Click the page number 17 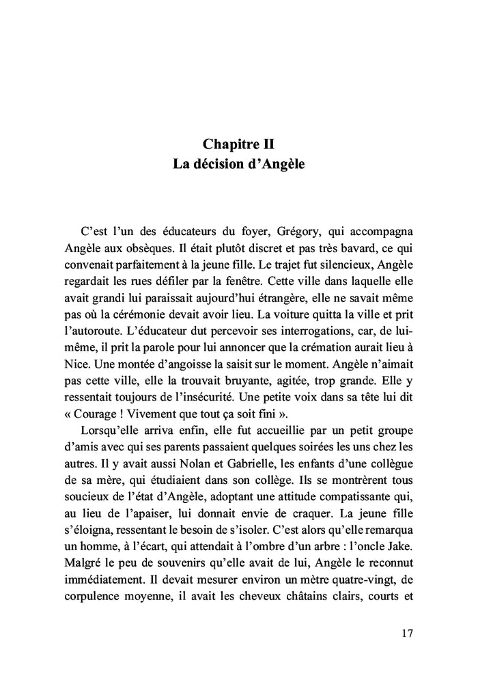406,632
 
